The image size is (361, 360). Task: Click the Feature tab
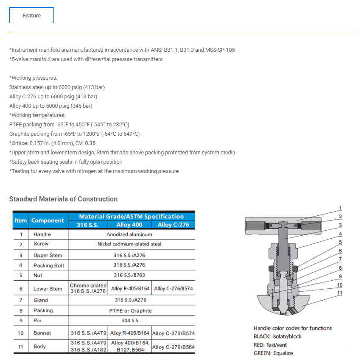[x=32, y=16]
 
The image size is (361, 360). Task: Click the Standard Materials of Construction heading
[x=63, y=199]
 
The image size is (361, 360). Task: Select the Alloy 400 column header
[x=129, y=225]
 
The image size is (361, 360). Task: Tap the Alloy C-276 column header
[x=173, y=225]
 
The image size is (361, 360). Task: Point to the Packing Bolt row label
[x=49, y=265]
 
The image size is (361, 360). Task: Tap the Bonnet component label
[x=42, y=333]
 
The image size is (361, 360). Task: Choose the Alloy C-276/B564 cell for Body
[x=173, y=347]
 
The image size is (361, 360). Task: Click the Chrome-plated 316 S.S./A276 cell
[x=88, y=288]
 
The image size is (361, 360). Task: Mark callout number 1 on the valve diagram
[x=340, y=208]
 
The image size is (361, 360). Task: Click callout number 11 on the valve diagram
[x=340, y=293]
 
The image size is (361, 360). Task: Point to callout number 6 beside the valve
[x=340, y=251]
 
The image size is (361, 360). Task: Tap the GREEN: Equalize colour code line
[x=273, y=353]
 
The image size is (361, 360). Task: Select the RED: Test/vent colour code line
[x=270, y=345]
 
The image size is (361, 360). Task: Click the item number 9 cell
[x=20, y=321]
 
